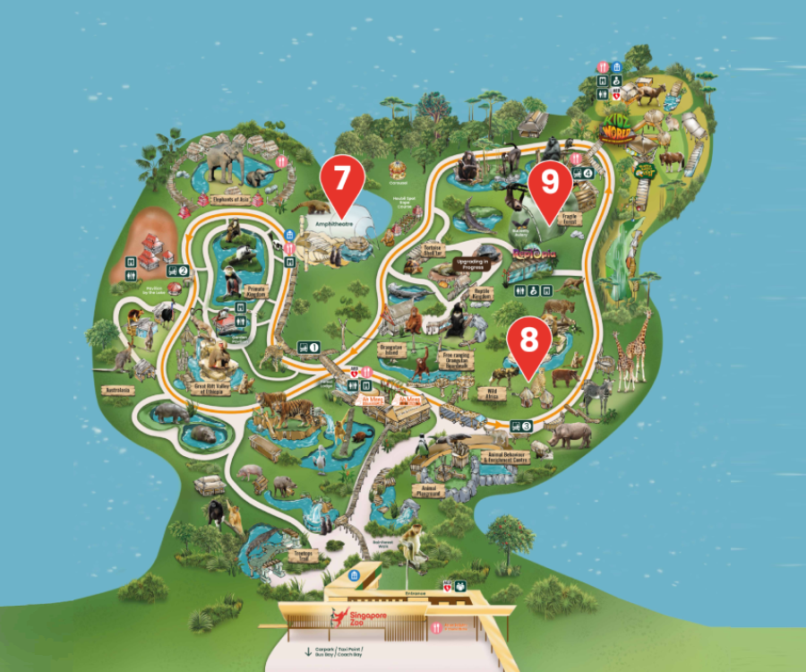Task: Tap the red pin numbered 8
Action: [x=529, y=340]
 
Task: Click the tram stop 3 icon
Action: [x=522, y=426]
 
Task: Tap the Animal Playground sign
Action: [x=429, y=490]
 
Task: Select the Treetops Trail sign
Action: [x=299, y=556]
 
